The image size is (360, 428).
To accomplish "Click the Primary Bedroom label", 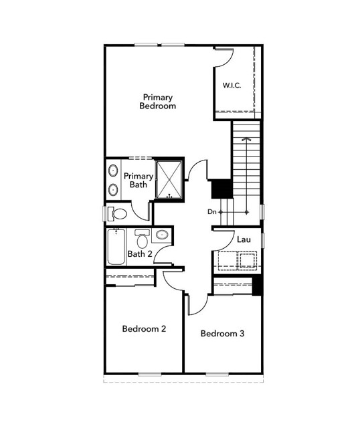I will click(158, 101).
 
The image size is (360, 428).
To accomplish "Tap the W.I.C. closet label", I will click(232, 86).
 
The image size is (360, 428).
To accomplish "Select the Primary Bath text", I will click(138, 180).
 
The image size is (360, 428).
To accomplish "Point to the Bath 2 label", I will click(140, 253).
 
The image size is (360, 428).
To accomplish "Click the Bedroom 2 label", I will click(144, 329).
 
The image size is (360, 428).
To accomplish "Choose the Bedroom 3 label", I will click(222, 334).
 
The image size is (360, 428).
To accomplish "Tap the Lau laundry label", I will click(243, 239).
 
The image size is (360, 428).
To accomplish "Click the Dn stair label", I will click(212, 212).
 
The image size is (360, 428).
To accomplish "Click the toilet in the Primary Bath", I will click(119, 214).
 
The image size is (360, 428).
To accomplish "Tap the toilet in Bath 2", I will click(142, 237).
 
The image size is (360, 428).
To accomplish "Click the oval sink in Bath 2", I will click(161, 235).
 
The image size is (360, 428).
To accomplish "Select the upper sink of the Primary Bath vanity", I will click(112, 169).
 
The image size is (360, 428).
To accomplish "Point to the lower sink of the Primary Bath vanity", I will click(112, 190).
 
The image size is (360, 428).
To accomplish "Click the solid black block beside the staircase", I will click(221, 189).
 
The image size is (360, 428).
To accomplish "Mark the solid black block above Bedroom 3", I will click(257, 286).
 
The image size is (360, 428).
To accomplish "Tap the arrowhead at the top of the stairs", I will click(246, 139).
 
